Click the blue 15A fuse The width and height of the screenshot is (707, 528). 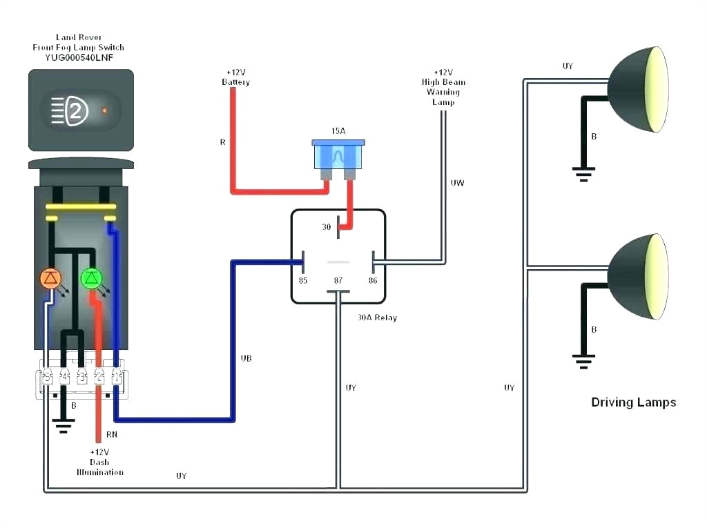tap(338, 155)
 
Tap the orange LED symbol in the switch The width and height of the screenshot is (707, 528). tap(51, 278)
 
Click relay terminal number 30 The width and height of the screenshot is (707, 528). tap(327, 226)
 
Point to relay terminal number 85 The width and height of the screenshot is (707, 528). tap(302, 280)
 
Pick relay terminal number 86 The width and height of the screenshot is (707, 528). tap(373, 280)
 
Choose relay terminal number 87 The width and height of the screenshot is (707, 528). tap(338, 281)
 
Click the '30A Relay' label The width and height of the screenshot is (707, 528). tap(377, 318)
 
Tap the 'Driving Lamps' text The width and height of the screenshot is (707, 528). tap(633, 402)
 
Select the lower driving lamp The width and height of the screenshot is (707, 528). tap(638, 276)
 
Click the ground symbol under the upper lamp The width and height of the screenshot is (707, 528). tap(583, 173)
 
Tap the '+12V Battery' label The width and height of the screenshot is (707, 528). tap(235, 77)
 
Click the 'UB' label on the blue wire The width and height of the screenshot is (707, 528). tap(246, 358)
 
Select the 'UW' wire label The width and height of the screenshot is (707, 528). tap(457, 183)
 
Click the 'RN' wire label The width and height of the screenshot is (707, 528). tap(111, 436)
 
